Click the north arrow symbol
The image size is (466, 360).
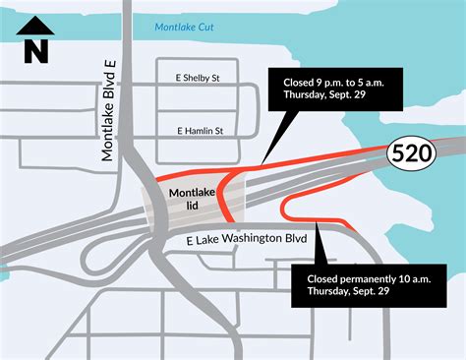[x=36, y=27]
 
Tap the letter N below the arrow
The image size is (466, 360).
[x=36, y=49]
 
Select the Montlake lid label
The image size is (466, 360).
[x=192, y=202]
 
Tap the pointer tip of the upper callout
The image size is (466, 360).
[x=262, y=162]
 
